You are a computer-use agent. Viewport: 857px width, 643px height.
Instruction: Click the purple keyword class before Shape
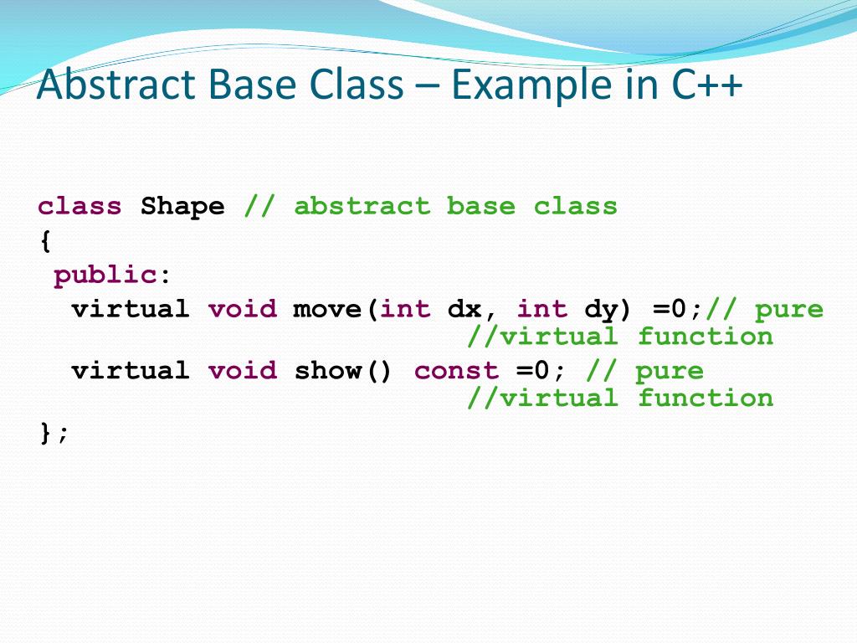[80, 206]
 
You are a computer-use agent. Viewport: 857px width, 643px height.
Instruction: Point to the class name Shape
[182, 206]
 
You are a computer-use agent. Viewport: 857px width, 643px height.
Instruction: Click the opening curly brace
[45, 242]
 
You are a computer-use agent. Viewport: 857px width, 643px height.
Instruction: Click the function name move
[327, 309]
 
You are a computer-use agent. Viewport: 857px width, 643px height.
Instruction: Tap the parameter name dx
[464, 309]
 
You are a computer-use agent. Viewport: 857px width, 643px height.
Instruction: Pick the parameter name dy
[601, 309]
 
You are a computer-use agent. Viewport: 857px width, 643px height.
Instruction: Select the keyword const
[456, 370]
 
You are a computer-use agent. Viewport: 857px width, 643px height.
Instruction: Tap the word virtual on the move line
[131, 309]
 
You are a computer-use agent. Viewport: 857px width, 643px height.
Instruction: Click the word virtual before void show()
[131, 370]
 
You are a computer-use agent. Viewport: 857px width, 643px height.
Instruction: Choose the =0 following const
[533, 370]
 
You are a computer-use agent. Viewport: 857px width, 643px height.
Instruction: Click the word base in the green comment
[481, 206]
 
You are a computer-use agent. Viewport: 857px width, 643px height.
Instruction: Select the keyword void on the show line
[242, 370]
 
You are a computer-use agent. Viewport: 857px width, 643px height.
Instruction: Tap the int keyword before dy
[541, 309]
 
